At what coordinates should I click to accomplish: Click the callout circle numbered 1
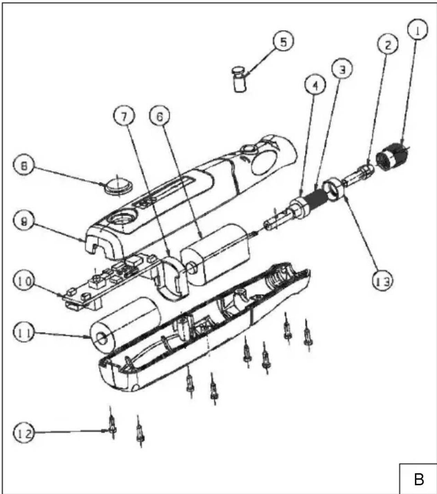click(x=418, y=30)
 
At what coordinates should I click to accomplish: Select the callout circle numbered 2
click(x=388, y=45)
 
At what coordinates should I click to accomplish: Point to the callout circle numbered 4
click(x=315, y=86)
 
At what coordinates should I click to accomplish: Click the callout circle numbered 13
click(x=383, y=281)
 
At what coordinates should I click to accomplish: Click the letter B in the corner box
click(x=419, y=479)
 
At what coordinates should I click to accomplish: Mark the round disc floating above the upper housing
click(x=118, y=186)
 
